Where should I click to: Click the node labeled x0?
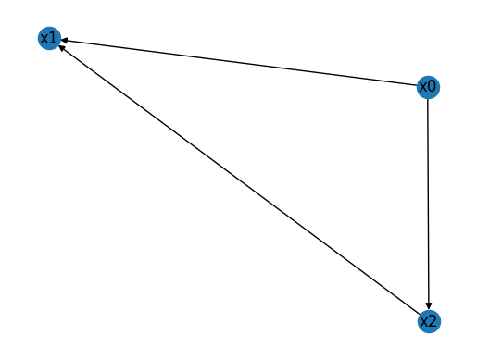click(x=427, y=87)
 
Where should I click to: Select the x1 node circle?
click(x=49, y=38)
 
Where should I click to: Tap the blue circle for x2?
click(x=428, y=321)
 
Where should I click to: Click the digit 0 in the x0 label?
click(x=432, y=87)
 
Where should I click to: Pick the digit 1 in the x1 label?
click(x=54, y=38)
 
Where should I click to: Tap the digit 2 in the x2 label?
click(x=433, y=321)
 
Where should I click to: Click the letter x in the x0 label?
click(x=422, y=87)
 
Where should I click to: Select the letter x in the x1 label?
click(x=44, y=38)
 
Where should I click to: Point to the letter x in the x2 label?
click(x=423, y=321)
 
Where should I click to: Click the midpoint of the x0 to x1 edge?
click(x=238, y=63)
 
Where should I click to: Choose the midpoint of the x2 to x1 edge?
click(x=238, y=180)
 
